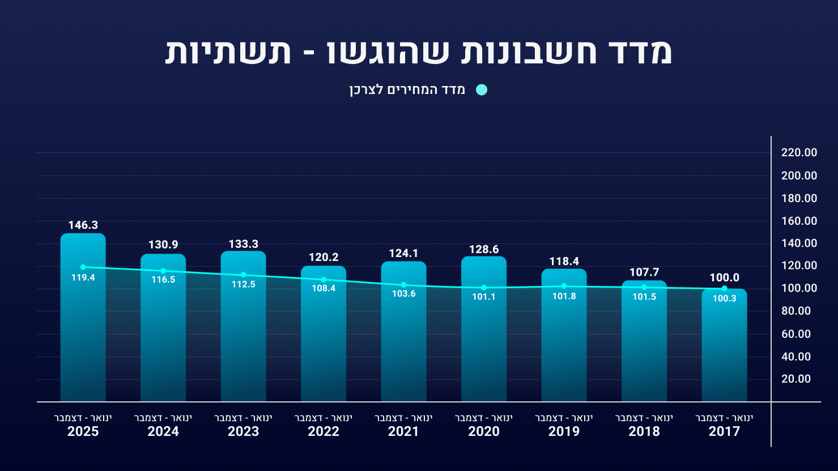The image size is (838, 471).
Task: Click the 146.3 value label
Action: [x=83, y=225]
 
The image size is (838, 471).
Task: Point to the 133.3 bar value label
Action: [x=244, y=244]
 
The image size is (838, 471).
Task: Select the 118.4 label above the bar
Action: [x=564, y=262]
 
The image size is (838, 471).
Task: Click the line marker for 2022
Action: [x=324, y=280]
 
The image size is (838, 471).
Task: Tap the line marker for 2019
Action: [x=564, y=286]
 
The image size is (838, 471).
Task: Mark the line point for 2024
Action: [x=163, y=271]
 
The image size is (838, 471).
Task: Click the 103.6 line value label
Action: [x=403, y=294]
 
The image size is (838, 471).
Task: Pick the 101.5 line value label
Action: [x=644, y=297]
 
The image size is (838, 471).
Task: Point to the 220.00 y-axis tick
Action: [x=799, y=153]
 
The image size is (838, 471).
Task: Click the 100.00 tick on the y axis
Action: [x=799, y=288]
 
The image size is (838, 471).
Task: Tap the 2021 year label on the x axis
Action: [x=403, y=431]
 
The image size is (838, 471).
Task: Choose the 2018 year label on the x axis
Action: [x=644, y=431]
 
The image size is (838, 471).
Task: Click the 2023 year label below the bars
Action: [x=244, y=431]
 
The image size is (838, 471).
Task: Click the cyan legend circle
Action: [x=482, y=90]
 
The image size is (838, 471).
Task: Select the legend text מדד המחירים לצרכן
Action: [x=407, y=90]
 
